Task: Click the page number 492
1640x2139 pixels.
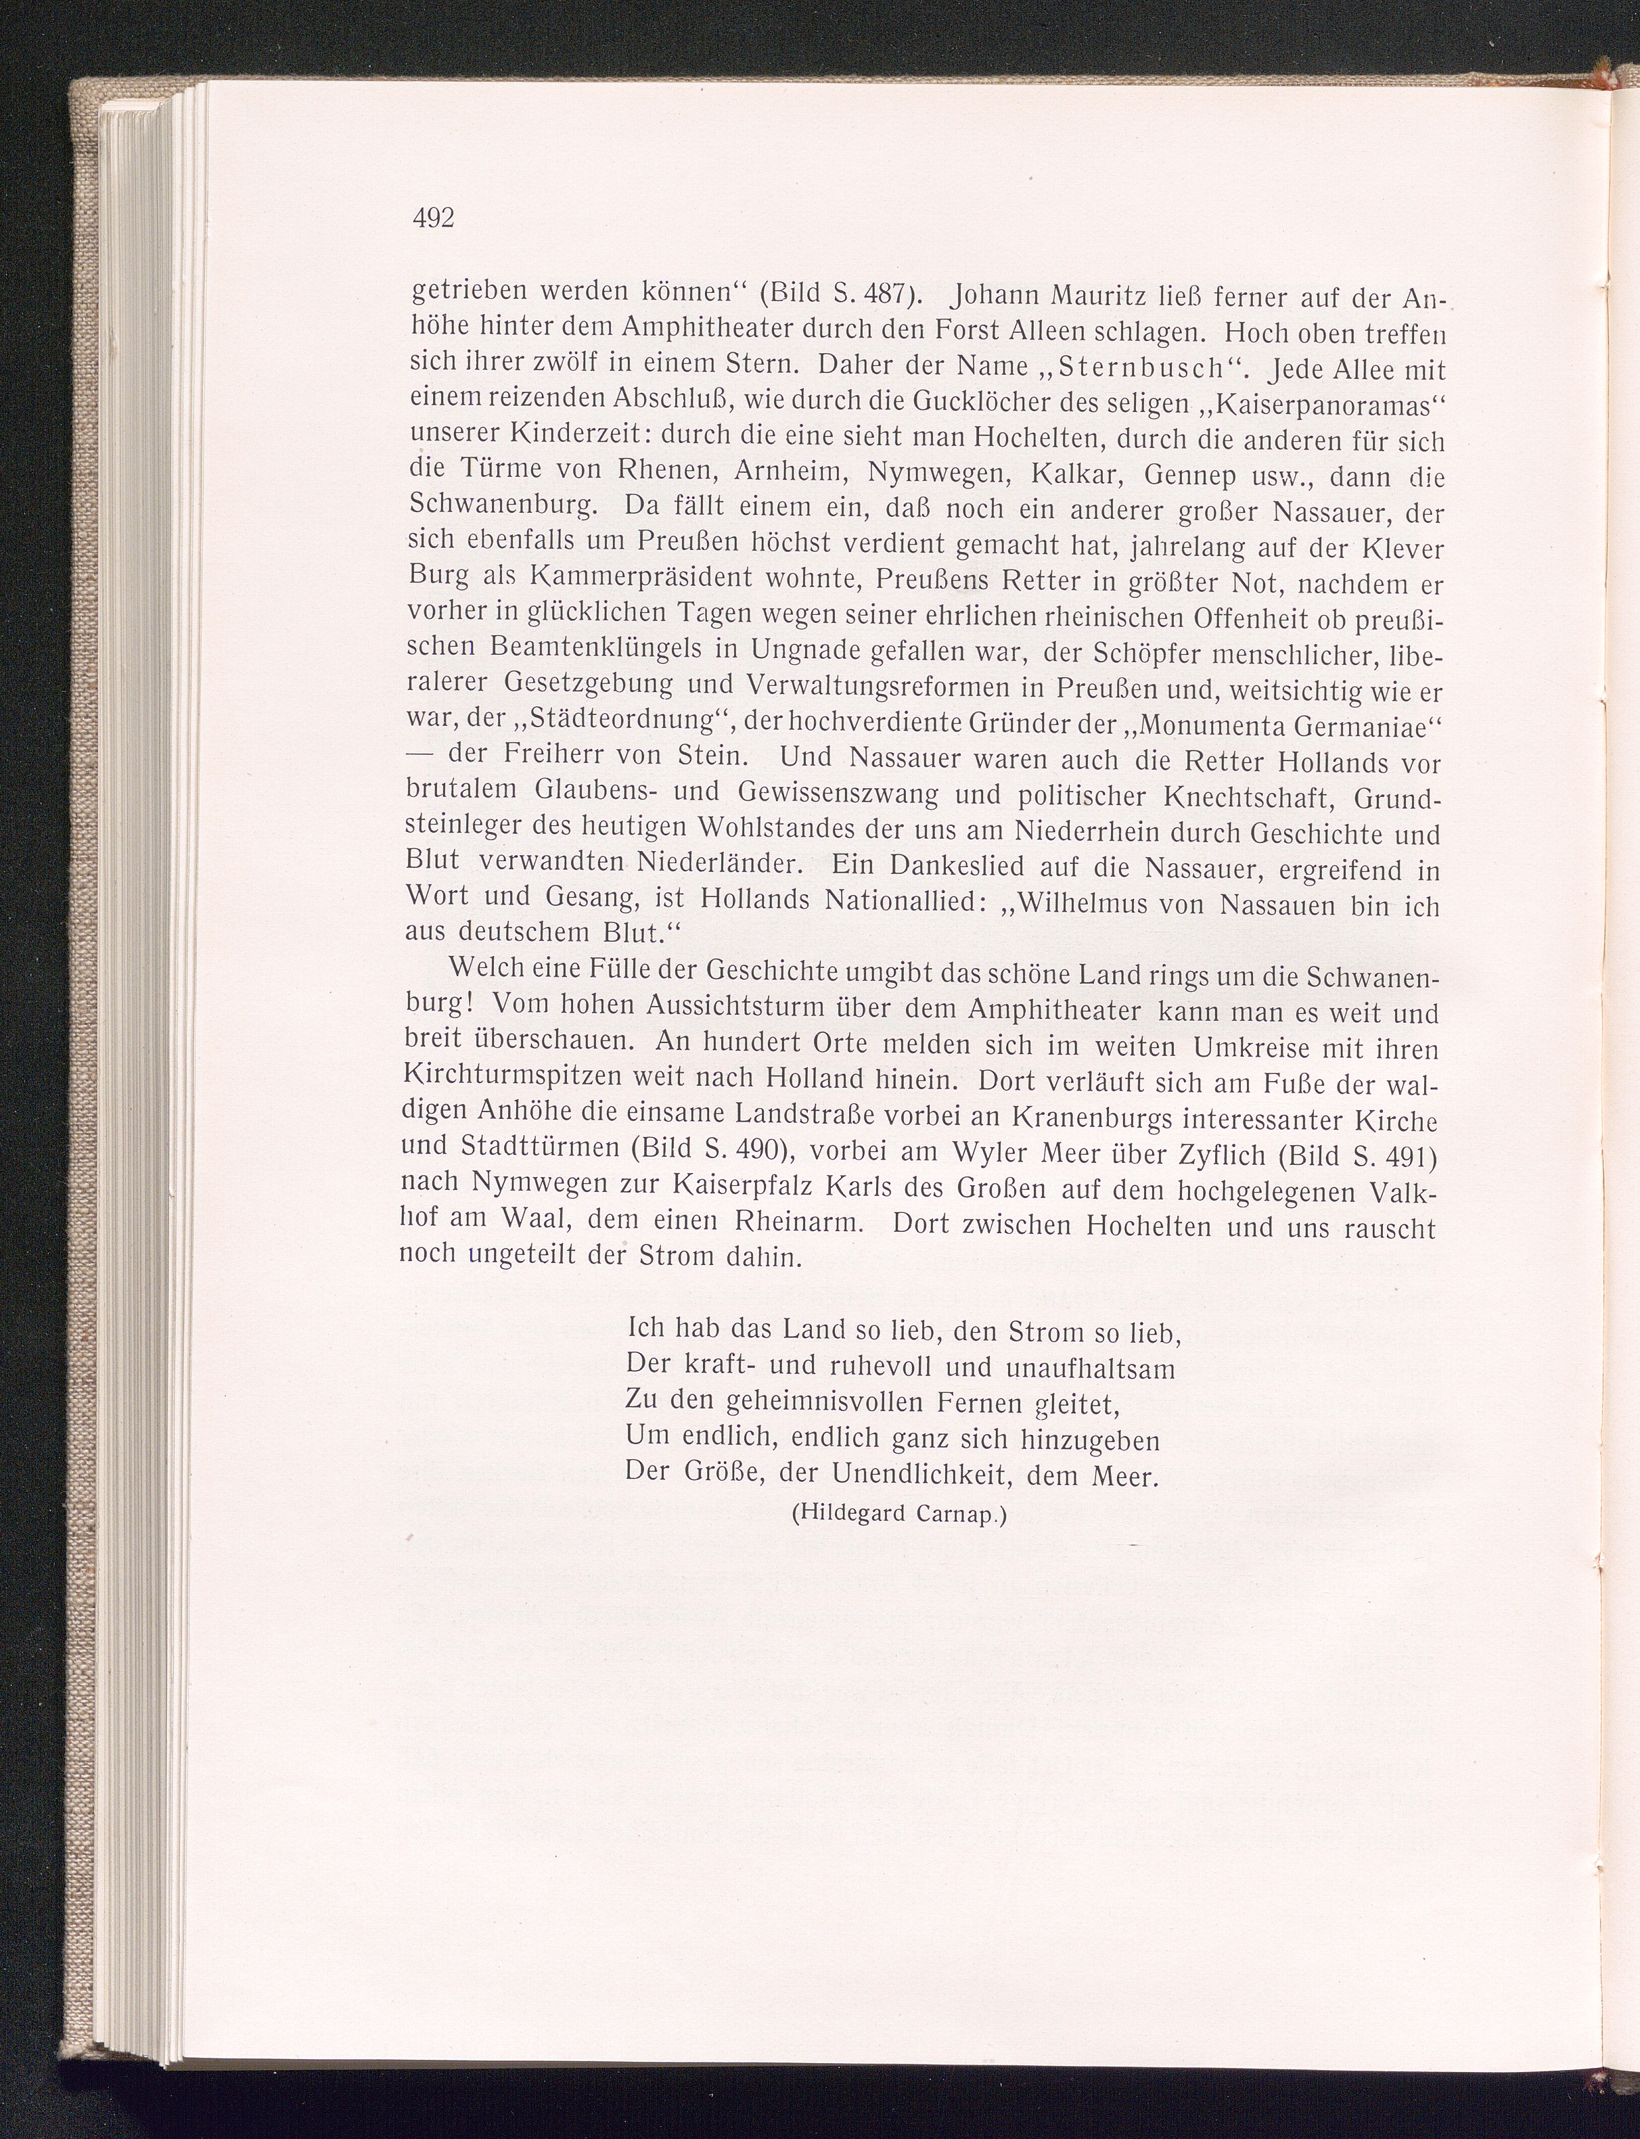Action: point(434,218)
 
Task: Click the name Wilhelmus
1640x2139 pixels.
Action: point(1083,904)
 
